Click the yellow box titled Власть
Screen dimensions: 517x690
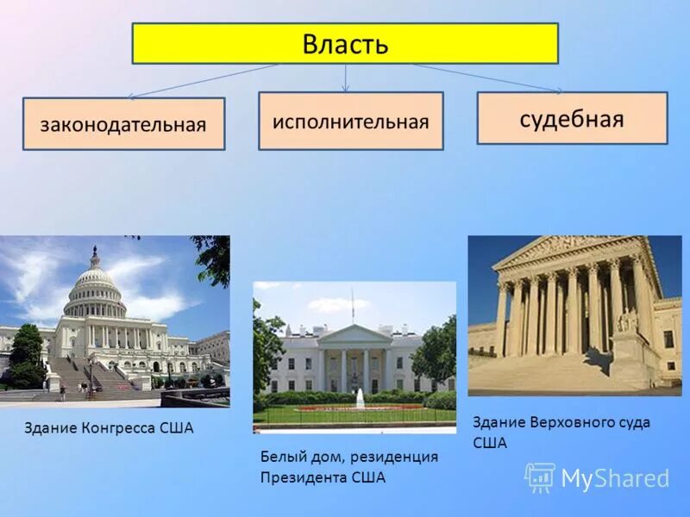(x=345, y=43)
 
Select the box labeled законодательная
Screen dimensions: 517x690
(x=123, y=124)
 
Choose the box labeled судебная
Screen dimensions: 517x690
(x=572, y=118)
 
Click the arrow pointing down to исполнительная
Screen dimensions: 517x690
(x=346, y=78)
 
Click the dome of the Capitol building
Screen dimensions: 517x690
(x=94, y=280)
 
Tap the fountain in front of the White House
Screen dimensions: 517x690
(x=360, y=398)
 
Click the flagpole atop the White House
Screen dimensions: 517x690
(x=352, y=303)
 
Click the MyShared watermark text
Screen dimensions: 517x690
(x=615, y=478)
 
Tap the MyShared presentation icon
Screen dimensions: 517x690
(x=540, y=477)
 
